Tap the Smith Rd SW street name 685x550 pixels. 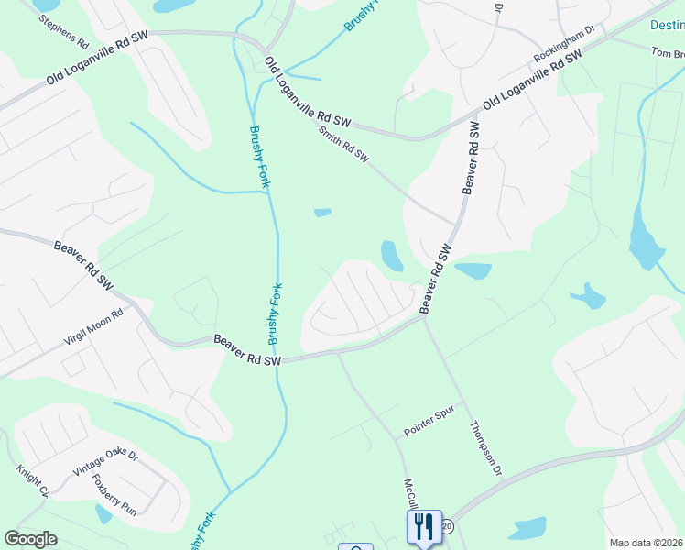pos(343,145)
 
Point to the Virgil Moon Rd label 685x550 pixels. pos(93,325)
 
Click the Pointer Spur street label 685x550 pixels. pos(430,424)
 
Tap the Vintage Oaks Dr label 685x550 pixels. pos(105,462)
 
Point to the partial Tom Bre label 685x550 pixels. pos(668,54)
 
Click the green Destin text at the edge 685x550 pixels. pos(667,26)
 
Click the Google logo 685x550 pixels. pos(30,539)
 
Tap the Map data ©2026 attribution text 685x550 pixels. pos(647,543)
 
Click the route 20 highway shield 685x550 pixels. pos(447,526)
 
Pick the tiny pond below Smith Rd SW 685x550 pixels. pos(322,213)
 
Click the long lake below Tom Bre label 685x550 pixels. pos(645,240)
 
